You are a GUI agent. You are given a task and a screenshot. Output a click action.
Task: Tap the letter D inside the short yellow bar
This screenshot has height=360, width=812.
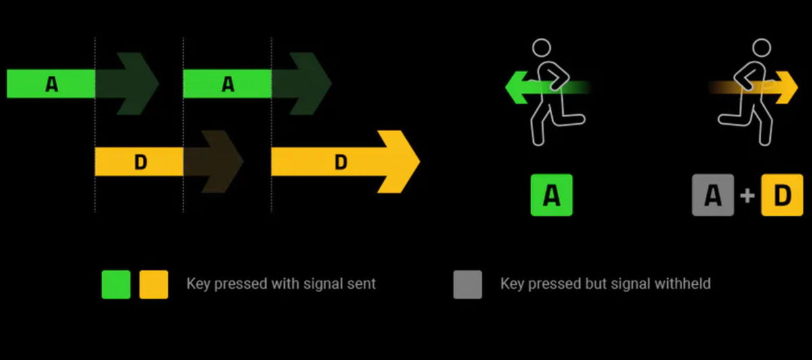tap(141, 162)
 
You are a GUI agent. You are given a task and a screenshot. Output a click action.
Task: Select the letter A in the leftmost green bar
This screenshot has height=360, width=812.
tap(51, 84)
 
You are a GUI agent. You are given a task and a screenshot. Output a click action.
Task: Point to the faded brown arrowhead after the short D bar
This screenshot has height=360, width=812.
tap(223, 162)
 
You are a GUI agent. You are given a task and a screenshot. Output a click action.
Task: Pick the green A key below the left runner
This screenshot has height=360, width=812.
tap(551, 195)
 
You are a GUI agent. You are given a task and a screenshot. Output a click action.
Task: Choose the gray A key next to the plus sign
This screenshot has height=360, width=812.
tap(713, 195)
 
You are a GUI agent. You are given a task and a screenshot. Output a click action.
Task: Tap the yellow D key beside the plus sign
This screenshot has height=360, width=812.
tap(782, 195)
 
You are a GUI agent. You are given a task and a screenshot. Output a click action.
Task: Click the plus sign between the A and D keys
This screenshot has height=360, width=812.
tap(747, 196)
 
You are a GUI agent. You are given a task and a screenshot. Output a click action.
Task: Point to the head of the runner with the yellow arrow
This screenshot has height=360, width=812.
tap(761, 48)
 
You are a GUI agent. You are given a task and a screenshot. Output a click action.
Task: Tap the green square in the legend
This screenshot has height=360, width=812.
tap(116, 284)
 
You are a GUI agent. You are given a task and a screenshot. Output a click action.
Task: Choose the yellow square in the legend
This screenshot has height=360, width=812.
tap(154, 284)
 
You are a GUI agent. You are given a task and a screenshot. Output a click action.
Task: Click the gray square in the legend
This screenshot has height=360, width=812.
tap(468, 284)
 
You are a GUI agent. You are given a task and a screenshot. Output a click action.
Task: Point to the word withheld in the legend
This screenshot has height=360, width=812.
tap(683, 284)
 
